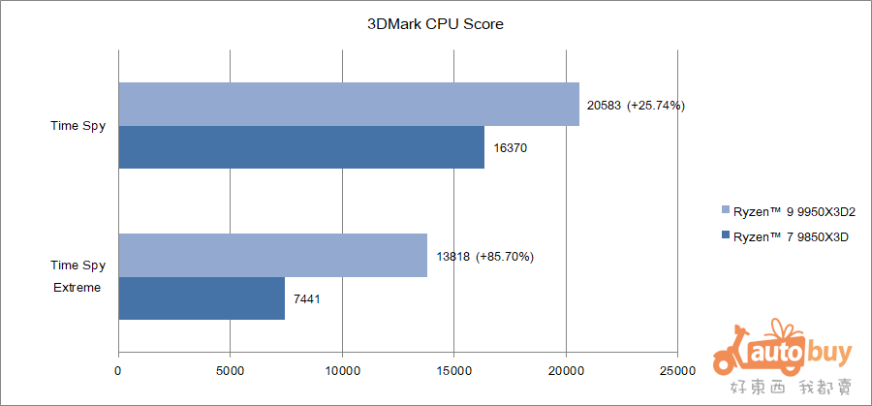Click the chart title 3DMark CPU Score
coord(435,24)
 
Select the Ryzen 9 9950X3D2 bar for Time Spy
coord(349,105)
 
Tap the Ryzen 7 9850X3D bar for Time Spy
coord(301,147)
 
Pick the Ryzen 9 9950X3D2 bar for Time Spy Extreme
coord(272,256)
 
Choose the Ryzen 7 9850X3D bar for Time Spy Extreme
coord(202,298)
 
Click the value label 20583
coord(605,105)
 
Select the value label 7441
coord(306,299)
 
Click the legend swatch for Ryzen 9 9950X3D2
coord(726,211)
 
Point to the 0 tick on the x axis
coord(118,370)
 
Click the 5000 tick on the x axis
coord(230,370)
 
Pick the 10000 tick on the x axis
coord(341,370)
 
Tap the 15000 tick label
coord(453,370)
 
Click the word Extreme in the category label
coord(78,287)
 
